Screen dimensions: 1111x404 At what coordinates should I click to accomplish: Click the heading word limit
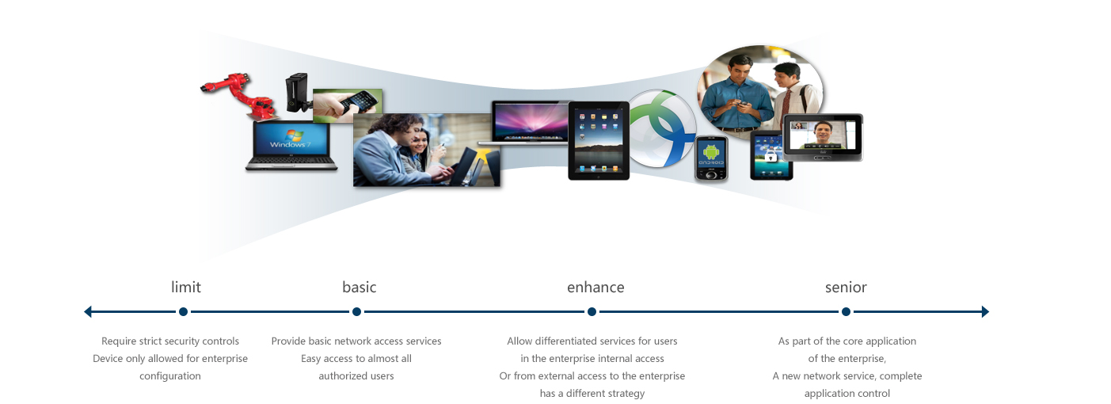[x=186, y=287]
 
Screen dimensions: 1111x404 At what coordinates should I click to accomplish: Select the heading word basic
[x=359, y=287]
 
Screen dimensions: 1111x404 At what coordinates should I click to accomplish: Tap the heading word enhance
[x=595, y=287]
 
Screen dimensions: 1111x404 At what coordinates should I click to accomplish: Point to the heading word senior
[x=846, y=287]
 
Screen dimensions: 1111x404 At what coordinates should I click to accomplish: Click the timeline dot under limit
[x=183, y=311]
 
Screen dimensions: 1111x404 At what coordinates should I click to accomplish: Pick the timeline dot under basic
[x=356, y=311]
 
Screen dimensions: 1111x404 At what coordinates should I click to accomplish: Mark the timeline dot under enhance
[x=592, y=311]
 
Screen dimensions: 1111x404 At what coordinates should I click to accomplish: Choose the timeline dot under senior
[x=847, y=311]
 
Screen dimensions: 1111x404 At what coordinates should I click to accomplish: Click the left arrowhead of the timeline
[x=88, y=311]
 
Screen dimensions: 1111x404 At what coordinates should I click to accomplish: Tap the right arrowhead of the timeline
[x=986, y=311]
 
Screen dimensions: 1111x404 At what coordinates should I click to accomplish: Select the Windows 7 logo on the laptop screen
[x=291, y=139]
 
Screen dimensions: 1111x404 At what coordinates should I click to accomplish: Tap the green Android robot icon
[x=711, y=151]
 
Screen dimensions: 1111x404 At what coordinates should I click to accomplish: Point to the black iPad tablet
[x=599, y=140]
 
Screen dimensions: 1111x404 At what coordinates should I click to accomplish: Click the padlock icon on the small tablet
[x=770, y=156]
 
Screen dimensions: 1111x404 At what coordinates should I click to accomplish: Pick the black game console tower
[x=297, y=93]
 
